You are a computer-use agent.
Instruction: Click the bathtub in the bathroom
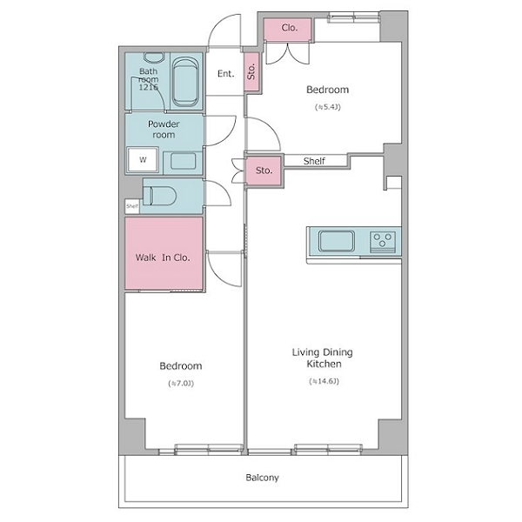(186, 82)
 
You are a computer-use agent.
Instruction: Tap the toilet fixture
(159, 196)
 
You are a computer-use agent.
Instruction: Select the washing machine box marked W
(143, 159)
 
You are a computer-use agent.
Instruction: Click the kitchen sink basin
(336, 241)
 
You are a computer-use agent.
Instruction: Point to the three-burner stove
(383, 241)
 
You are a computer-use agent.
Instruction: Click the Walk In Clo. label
(163, 258)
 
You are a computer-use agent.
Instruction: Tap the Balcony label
(262, 478)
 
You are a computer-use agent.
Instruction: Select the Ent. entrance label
(225, 74)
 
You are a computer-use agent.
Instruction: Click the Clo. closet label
(290, 28)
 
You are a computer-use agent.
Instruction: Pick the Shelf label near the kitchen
(314, 161)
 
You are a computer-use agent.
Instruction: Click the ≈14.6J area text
(324, 381)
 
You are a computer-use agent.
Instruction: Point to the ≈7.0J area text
(181, 383)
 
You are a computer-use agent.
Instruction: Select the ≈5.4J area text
(328, 107)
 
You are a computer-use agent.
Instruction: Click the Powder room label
(164, 129)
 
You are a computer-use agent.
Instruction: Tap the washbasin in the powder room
(183, 162)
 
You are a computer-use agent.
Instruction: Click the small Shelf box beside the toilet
(132, 206)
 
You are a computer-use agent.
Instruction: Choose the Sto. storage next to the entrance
(251, 71)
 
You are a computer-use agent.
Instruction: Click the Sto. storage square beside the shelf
(264, 171)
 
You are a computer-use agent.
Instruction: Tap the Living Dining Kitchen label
(323, 358)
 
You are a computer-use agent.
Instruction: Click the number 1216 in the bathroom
(148, 88)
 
